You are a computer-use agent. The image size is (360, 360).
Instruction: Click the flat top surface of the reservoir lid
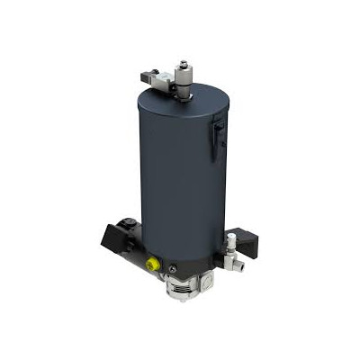pos(193,103)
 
